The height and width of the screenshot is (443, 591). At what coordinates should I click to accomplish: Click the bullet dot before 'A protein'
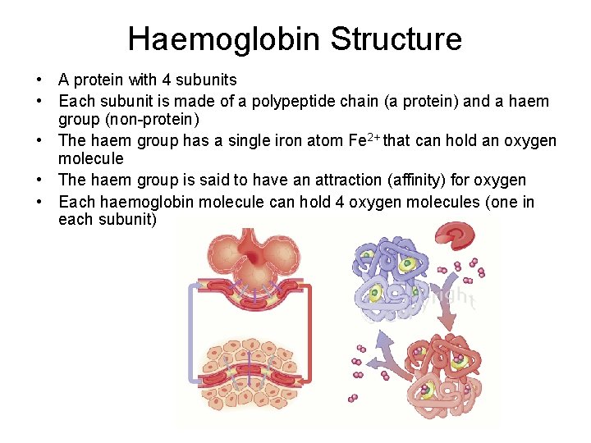coord(39,80)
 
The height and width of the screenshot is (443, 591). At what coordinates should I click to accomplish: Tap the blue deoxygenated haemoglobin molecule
coord(385,275)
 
